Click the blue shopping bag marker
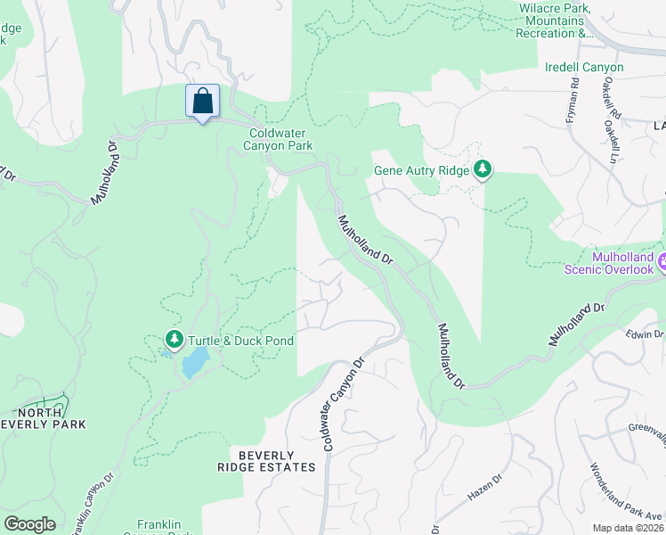[x=202, y=101]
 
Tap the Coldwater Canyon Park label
[x=280, y=139]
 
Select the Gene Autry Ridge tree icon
[x=482, y=169]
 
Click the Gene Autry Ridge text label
[x=422, y=169]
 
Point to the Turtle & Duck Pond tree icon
[x=174, y=340]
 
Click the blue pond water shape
[x=195, y=362]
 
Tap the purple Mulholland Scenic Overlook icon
[x=663, y=263]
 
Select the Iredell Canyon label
[x=584, y=67]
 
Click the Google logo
[x=29, y=524]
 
